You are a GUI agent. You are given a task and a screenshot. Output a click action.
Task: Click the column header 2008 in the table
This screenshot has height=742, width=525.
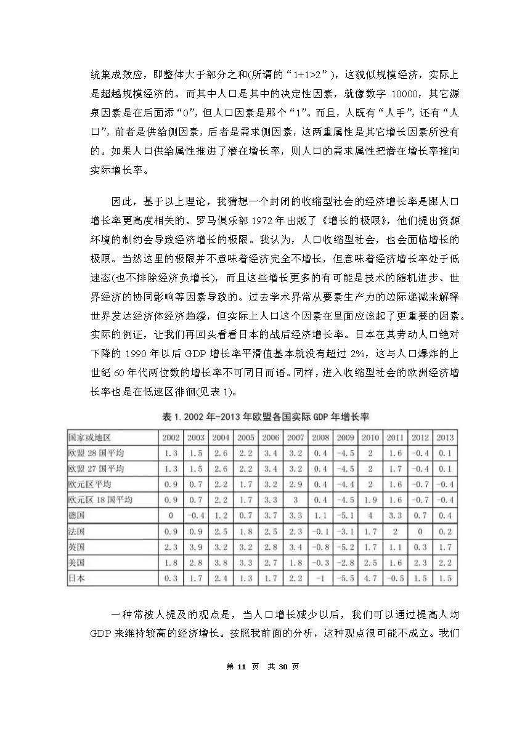pos(320,437)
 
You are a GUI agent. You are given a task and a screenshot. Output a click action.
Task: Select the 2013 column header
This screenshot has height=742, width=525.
pos(444,437)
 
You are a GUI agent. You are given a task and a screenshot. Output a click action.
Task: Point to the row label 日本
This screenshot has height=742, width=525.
pos(76,579)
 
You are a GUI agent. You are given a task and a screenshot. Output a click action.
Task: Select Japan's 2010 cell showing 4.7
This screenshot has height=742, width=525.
pos(370,579)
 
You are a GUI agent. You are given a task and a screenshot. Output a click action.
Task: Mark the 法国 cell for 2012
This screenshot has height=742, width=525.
pos(420,531)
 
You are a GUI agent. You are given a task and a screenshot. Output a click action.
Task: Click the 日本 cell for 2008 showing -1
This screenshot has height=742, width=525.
pos(320,579)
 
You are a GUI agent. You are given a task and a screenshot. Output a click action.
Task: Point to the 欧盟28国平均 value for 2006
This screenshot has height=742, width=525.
pos(271,453)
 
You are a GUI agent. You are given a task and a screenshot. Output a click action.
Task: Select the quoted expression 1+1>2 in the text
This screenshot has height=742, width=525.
pos(303,75)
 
